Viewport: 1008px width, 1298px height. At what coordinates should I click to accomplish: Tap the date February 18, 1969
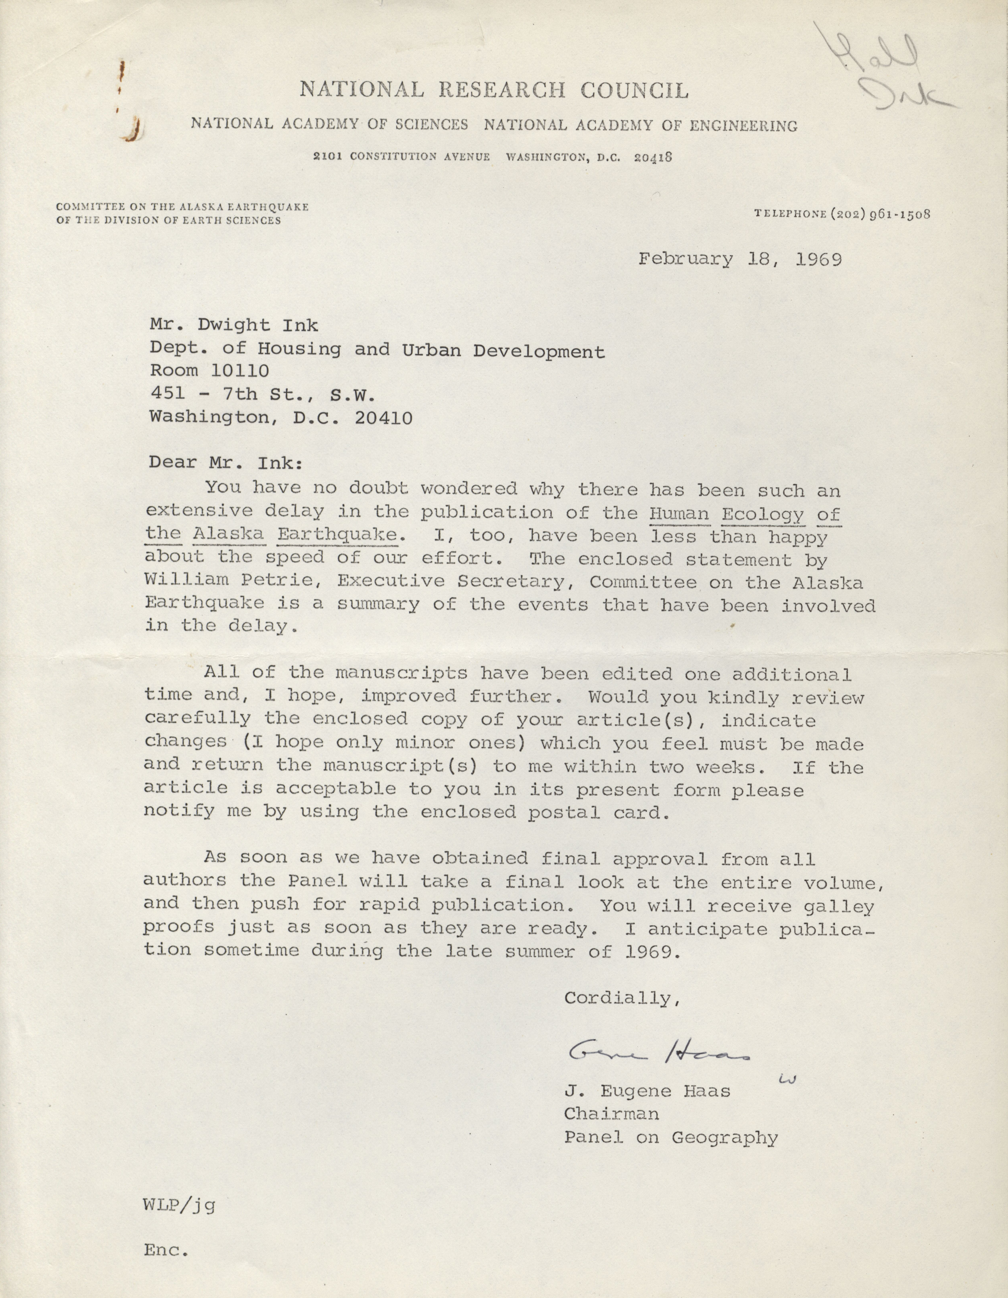click(x=740, y=260)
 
